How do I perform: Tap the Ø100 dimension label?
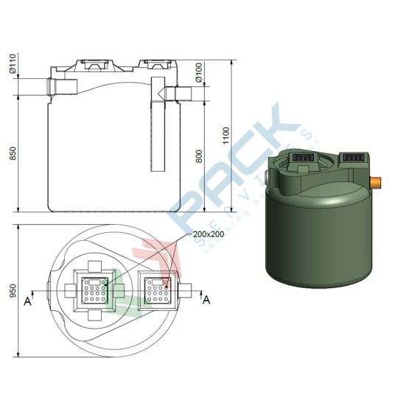tap(198, 71)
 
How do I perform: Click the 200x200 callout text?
tap(209, 234)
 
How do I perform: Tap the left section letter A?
tap(27, 301)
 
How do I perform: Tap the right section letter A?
tap(207, 299)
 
